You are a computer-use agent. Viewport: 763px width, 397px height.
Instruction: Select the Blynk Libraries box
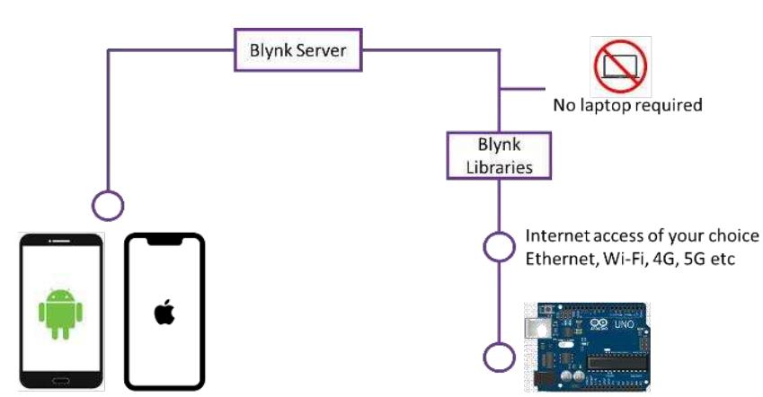pyautogui.click(x=499, y=155)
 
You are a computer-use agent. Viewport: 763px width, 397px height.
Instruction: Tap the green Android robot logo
pyautogui.click(x=60, y=312)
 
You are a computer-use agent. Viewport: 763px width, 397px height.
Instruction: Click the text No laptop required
pyautogui.click(x=626, y=105)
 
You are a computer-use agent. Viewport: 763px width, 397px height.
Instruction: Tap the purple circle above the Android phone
pyautogui.click(x=108, y=206)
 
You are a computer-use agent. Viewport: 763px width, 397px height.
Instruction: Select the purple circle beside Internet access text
pyautogui.click(x=499, y=247)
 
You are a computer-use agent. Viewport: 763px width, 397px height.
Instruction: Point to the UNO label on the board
pyautogui.click(x=624, y=322)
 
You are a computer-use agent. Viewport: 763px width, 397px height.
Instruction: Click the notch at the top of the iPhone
pyautogui.click(x=164, y=240)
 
